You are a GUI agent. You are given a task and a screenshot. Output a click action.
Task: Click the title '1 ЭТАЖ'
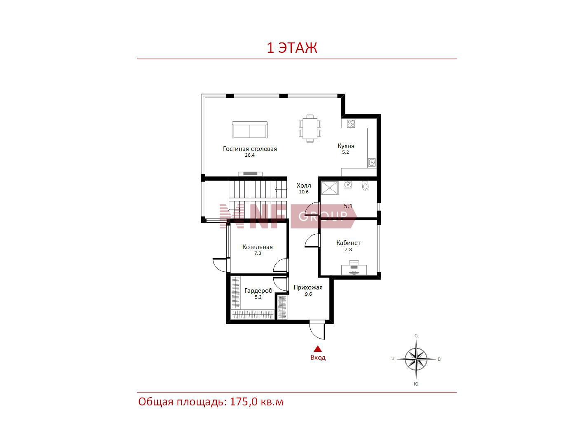pos(292,48)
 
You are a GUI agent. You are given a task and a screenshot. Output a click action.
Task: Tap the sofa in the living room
pos(249,129)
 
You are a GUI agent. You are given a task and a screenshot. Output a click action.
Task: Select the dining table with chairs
pos(310,129)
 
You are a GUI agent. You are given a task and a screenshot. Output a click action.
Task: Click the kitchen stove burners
pos(351,124)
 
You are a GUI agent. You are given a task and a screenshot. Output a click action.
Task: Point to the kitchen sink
pos(372,162)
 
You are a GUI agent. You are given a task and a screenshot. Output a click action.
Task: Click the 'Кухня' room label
pos(346,146)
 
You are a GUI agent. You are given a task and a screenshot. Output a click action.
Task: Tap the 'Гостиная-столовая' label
pos(250,149)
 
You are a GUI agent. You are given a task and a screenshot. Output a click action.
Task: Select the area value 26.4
pos(250,155)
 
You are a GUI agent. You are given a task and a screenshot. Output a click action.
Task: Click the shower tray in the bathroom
pos(330,188)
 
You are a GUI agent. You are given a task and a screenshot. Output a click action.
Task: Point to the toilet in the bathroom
pos(365,185)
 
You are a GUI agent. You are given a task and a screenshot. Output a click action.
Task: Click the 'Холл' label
pos(304,185)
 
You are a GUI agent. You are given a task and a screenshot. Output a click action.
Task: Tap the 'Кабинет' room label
pos(348,242)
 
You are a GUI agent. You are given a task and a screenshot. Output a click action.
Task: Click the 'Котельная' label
pos(257,247)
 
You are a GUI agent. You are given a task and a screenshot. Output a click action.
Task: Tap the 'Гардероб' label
pos(258,290)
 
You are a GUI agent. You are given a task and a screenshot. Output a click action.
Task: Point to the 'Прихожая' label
pos(308,287)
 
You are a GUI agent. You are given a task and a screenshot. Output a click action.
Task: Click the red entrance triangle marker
pos(318,348)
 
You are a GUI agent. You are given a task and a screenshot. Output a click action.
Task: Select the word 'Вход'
pos(318,358)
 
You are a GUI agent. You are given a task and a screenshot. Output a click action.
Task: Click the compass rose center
pos(416,359)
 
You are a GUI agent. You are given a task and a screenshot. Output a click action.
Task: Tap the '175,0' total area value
pos(244,402)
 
